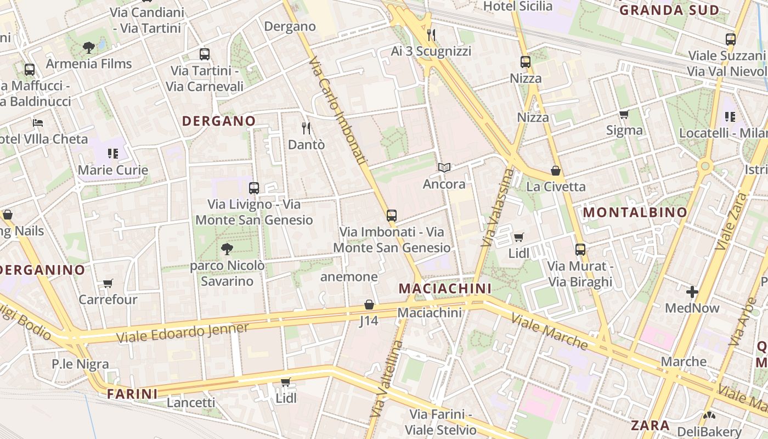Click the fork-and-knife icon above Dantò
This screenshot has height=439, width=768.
(306, 128)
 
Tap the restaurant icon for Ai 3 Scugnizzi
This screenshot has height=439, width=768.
(431, 35)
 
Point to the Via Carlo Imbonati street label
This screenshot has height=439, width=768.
(338, 110)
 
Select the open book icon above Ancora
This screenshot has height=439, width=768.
(444, 167)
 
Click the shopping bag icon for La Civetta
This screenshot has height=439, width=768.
(556, 171)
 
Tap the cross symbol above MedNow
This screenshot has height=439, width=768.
(692, 291)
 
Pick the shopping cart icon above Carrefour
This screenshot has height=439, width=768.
(108, 284)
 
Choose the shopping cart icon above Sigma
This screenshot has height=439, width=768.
(624, 114)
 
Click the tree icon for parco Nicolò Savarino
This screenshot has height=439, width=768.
(227, 250)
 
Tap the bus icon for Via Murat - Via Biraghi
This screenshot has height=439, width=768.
(580, 250)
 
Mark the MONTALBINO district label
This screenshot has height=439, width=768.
(635, 212)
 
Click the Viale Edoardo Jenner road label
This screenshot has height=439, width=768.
(183, 333)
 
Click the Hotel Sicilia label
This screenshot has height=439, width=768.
(518, 7)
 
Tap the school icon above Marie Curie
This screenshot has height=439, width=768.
(113, 154)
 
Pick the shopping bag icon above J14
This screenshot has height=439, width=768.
(369, 305)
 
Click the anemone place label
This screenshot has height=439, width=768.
(349, 277)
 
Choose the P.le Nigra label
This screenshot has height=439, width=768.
(80, 364)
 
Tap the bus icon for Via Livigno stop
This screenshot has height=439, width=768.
(253, 188)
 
